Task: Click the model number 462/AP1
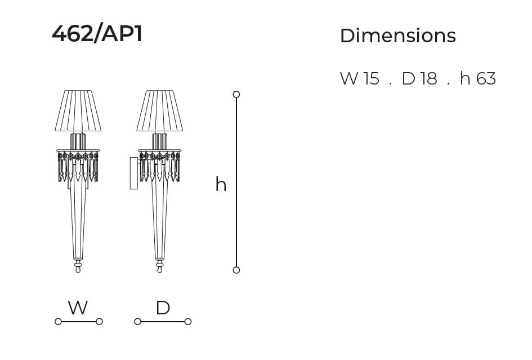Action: [97, 34]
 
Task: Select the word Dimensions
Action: [397, 35]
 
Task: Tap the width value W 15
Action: [359, 78]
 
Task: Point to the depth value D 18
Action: [419, 78]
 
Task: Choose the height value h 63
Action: [478, 78]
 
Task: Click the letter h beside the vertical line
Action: [221, 184]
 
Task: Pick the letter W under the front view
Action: [78, 308]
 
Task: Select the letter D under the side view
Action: [163, 308]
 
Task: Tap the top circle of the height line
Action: [236, 95]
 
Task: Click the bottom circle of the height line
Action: [236, 270]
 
